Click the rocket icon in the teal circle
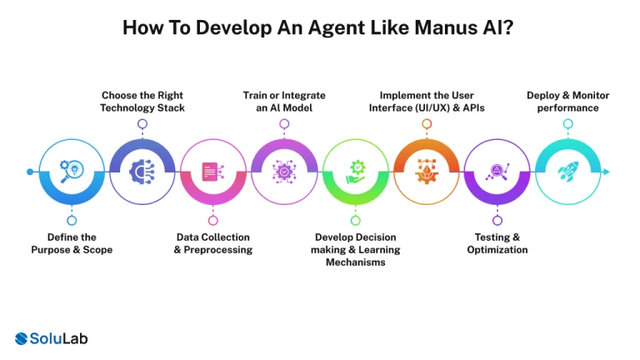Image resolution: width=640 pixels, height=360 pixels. click(567, 172)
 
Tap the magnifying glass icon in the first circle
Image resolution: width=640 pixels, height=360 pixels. click(72, 172)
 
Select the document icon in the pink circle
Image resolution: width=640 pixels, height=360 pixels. click(212, 172)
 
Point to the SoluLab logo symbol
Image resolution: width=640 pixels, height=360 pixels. click(22, 338)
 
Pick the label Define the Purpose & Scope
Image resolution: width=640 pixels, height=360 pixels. click(72, 243)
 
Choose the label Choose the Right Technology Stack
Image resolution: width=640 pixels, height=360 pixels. click(142, 102)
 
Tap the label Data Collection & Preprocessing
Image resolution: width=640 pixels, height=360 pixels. click(212, 243)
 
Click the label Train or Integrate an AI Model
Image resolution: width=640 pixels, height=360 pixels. click(284, 102)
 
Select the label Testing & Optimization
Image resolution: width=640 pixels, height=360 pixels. click(497, 243)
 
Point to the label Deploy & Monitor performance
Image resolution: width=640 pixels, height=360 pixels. click(567, 102)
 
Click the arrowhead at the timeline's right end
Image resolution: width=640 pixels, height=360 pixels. click(607, 172)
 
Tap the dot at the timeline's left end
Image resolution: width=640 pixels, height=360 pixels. click(31, 172)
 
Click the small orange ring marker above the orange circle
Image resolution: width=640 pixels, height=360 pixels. click(427, 124)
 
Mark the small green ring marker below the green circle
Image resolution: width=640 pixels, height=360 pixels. click(356, 220)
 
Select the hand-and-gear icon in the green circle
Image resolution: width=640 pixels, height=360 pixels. click(356, 172)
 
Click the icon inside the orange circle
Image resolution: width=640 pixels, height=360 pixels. click(427, 172)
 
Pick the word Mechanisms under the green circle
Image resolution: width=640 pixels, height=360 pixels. click(356, 262)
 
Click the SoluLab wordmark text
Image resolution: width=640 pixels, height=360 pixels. click(59, 338)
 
